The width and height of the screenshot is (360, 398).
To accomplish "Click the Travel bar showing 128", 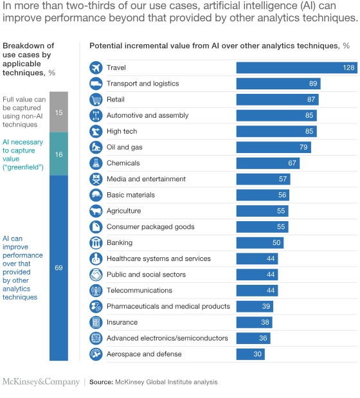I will click(296, 68).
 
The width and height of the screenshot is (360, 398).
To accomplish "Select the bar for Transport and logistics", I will click(278, 84).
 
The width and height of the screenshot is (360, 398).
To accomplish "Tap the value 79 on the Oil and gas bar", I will click(303, 147).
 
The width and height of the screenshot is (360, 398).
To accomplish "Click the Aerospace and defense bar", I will click(250, 354).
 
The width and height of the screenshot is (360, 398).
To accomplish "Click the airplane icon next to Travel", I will click(96, 68).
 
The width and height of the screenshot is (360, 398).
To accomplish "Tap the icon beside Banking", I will click(96, 243).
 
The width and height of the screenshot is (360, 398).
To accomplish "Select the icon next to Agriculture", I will click(96, 211).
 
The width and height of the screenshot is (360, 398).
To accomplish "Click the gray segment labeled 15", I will click(59, 112).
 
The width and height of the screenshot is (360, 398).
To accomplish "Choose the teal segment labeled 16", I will click(59, 154).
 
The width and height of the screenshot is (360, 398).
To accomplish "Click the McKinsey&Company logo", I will click(41, 382).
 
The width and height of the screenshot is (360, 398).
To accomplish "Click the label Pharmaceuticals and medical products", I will click(168, 307).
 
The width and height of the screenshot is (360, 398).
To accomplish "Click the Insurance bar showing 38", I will click(254, 323).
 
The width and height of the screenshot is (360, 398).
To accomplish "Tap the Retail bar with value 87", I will click(277, 100).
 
